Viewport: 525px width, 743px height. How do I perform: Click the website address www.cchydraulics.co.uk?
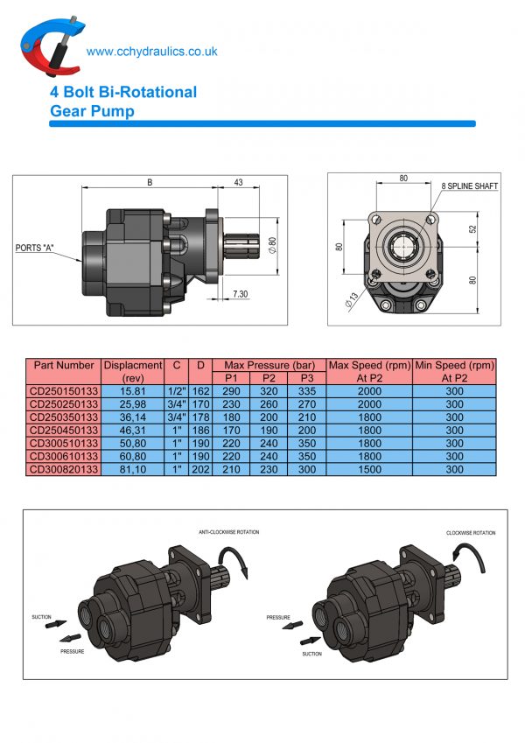point(152,52)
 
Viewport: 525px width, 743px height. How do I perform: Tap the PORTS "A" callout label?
point(35,248)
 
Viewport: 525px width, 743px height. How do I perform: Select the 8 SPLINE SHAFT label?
point(470,186)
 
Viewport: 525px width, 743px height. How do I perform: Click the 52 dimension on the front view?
point(472,229)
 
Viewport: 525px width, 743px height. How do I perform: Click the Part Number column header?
point(63,365)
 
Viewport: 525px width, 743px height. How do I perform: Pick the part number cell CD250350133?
point(63,417)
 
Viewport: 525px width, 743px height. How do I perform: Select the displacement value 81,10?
point(132,469)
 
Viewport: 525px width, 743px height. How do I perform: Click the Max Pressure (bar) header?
point(269,365)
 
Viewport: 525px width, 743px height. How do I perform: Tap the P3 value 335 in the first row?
point(306,392)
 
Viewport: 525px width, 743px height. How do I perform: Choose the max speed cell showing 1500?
point(368,469)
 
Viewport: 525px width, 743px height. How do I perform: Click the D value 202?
point(200,469)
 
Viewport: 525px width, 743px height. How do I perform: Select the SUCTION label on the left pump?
point(41,616)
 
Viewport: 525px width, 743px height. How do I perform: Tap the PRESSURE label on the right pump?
point(278,617)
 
